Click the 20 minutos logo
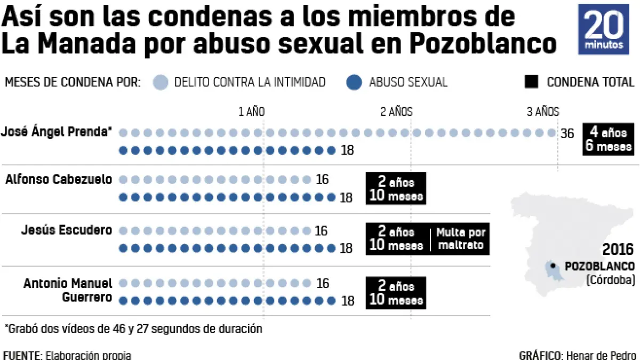[x=607, y=30]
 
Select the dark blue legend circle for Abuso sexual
[x=354, y=82]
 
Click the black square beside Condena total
[x=532, y=82]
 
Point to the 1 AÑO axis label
[x=251, y=111]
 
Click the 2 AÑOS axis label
[x=396, y=111]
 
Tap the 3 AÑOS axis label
[x=543, y=111]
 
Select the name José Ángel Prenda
[x=57, y=132]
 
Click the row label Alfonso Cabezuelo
[x=59, y=179]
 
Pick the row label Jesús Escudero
[x=67, y=230]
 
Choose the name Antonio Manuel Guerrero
[x=68, y=290]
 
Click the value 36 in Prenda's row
[x=567, y=133]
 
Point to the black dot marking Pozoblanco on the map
[x=553, y=265]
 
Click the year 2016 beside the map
[x=619, y=250]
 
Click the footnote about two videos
[x=133, y=329]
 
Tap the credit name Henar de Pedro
[x=601, y=355]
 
